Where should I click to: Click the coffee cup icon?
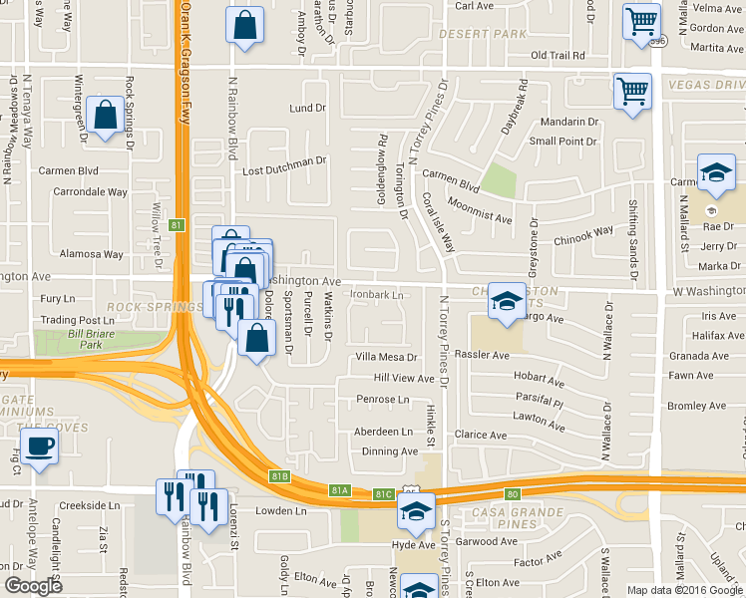pyautogui.click(x=39, y=446)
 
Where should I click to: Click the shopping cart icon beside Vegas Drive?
pyautogui.click(x=632, y=92)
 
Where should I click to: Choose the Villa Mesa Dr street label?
pyautogui.click(x=386, y=357)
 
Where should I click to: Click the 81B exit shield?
pyautogui.click(x=280, y=477)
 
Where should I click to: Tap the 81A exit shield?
pyautogui.click(x=340, y=489)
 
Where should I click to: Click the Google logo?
pyautogui.click(x=33, y=586)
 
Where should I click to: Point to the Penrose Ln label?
pyautogui.click(x=383, y=400)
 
